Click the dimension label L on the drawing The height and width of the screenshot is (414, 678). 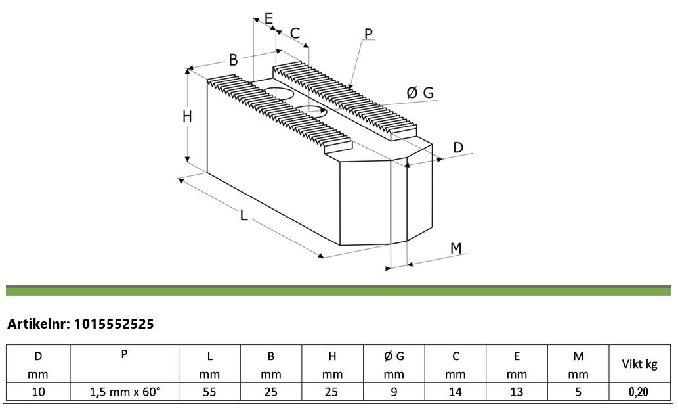244,215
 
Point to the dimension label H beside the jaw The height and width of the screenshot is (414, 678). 187,116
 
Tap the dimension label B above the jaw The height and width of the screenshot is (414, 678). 234,60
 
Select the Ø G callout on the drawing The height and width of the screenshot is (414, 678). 420,93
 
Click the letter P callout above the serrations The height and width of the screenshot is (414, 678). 368,34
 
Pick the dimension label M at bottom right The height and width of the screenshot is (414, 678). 456,248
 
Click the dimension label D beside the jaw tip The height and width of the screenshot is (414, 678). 458,147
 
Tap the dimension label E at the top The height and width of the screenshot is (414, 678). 268,18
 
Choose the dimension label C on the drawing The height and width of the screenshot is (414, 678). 295,34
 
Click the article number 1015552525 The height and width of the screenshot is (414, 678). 114,324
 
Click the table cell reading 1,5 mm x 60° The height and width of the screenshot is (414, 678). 125,392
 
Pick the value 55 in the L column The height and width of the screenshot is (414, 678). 209,392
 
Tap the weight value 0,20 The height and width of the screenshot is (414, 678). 639,392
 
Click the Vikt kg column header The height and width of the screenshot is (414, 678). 639,365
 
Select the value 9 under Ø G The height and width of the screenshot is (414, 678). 394,392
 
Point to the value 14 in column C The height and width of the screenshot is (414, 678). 456,392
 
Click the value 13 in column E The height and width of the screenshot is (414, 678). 517,392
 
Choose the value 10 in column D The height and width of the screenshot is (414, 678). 39,392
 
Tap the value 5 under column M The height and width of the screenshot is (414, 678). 578,392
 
